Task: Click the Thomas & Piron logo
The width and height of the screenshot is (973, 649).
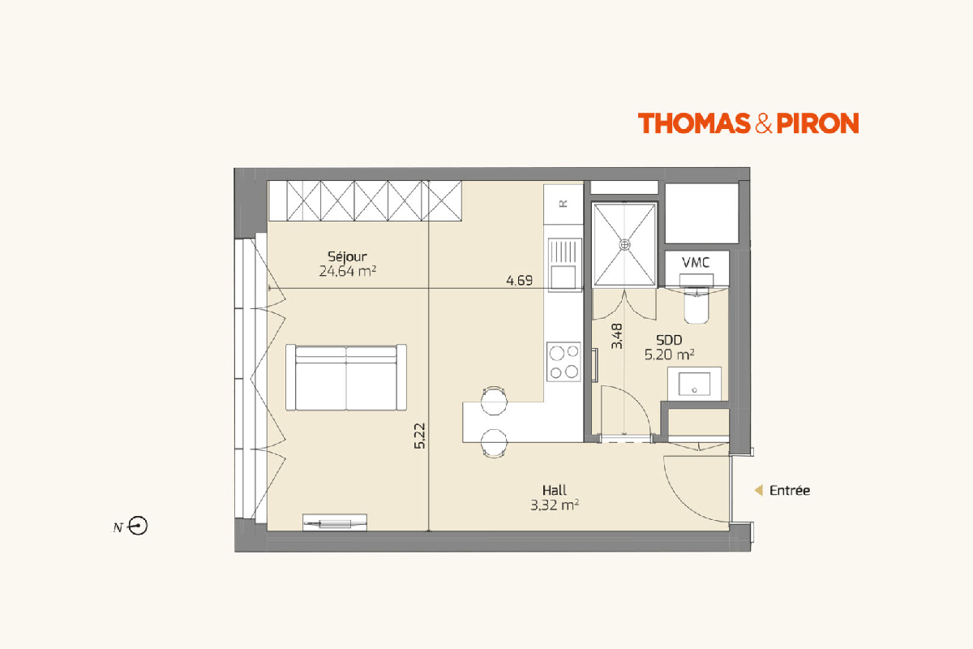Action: pos(748,123)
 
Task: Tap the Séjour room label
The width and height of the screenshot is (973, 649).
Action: pos(347,256)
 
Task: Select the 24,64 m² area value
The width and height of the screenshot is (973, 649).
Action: pos(348,271)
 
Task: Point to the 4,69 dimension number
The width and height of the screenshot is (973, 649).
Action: pos(519,281)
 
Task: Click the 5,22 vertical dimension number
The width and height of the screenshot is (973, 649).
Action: pos(420,436)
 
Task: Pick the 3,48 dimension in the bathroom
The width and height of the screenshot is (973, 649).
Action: pos(616,336)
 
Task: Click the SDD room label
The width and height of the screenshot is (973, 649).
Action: pos(669,340)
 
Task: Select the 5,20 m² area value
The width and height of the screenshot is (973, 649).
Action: pos(669,355)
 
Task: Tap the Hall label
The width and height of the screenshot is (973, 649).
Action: pos(555,490)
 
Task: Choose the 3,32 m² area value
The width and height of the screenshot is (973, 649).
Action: pos(555,505)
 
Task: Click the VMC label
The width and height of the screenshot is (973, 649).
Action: pos(696,263)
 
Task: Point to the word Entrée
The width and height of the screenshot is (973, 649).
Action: pos(789,490)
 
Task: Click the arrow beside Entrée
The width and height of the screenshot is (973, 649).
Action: pos(759,490)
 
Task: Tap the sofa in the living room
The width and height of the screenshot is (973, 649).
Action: pos(346,377)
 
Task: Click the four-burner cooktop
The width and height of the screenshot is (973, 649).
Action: pos(564,362)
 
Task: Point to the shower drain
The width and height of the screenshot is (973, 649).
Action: pos(624,245)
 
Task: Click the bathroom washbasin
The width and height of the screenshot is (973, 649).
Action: pos(694,384)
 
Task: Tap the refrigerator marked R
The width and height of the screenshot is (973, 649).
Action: pos(564,204)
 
